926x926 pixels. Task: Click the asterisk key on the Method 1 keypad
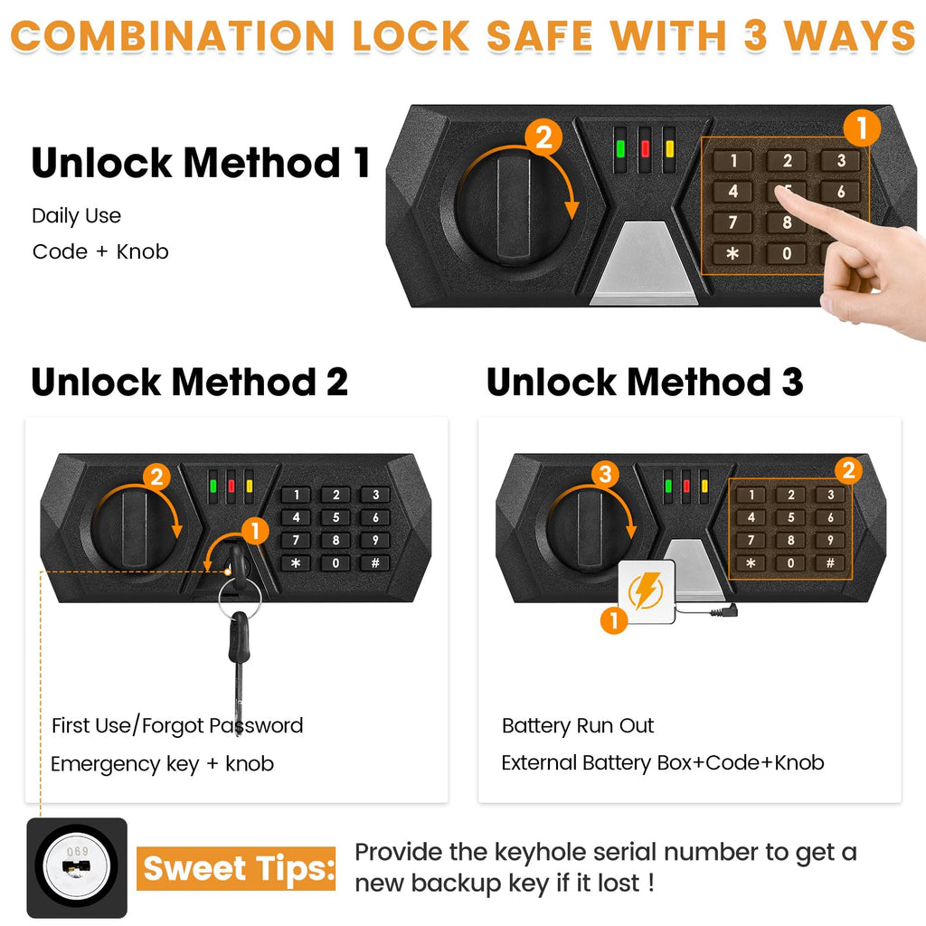click(732, 254)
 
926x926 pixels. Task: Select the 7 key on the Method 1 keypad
click(732, 222)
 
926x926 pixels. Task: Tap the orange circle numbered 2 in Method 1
click(543, 138)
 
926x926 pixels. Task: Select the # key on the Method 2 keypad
click(374, 562)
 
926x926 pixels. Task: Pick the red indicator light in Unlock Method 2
click(231, 485)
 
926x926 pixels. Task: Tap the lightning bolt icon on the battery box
click(646, 592)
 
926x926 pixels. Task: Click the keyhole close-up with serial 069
click(77, 867)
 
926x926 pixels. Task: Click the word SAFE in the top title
click(540, 35)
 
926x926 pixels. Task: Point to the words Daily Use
click(76, 216)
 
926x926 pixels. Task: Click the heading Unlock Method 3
click(644, 382)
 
